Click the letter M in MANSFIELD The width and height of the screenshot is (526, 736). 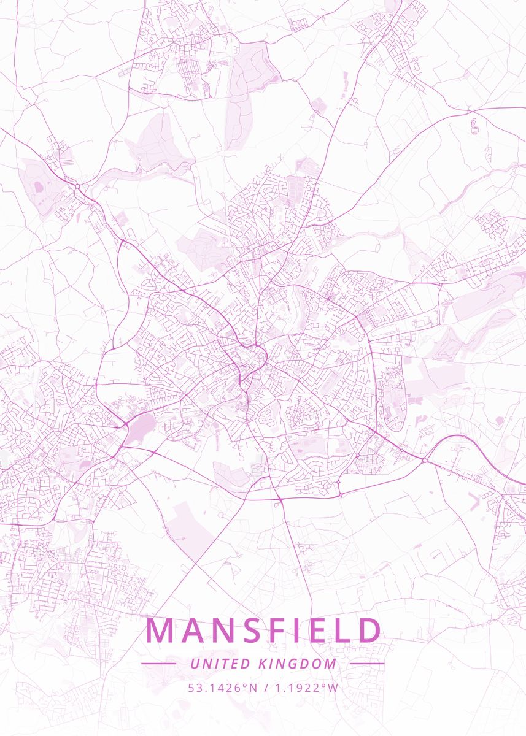pyautogui.click(x=160, y=631)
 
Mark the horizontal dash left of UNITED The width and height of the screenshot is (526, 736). pyautogui.click(x=158, y=664)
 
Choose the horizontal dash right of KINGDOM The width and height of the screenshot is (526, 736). pyautogui.click(x=367, y=664)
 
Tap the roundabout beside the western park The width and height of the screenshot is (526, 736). pyautogui.click(x=78, y=185)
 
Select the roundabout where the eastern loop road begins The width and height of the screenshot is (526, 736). pyautogui.click(x=424, y=459)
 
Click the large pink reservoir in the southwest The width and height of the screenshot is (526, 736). pyautogui.click(x=141, y=427)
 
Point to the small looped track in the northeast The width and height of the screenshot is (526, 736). pyautogui.click(x=474, y=128)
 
